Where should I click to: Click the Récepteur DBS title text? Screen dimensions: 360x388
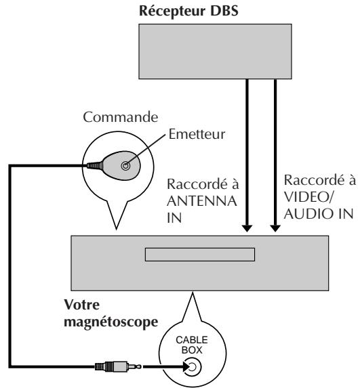[188, 12]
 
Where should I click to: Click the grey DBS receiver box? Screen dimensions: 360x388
[215, 51]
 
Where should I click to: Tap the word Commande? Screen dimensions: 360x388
[121, 117]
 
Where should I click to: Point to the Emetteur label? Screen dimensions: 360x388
[197, 134]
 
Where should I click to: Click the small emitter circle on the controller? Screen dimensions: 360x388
[125, 165]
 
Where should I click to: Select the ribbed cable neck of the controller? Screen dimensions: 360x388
[95, 165]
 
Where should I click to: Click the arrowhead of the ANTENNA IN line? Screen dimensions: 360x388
[247, 228]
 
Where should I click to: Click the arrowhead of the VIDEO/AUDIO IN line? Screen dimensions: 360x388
[275, 228]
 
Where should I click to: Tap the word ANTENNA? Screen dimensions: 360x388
[201, 201]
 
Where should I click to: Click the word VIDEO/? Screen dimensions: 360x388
[308, 197]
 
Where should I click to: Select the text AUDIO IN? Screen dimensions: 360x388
[319, 214]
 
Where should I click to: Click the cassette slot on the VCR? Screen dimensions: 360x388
[200, 255]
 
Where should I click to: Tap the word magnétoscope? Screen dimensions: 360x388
[111, 322]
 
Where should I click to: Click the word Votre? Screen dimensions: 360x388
[82, 305]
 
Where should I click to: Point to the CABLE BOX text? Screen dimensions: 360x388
[192, 345]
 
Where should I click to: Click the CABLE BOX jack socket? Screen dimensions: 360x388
[193, 367]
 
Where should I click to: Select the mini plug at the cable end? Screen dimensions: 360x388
[118, 366]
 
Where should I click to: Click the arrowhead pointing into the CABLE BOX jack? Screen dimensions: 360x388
[186, 366]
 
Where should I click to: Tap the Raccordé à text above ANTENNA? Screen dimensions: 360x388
[203, 184]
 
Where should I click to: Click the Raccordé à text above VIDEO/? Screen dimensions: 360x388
[319, 180]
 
